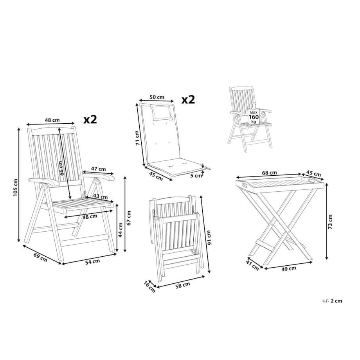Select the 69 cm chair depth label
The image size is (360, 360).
(40, 257)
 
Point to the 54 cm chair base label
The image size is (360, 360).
(92, 261)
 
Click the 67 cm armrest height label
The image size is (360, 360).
(129, 218)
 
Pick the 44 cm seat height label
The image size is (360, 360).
(120, 230)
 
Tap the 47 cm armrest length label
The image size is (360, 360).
(99, 169)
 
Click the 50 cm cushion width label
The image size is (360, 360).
(157, 97)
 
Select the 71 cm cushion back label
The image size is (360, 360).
(137, 138)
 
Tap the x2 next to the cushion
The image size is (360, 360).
(188, 100)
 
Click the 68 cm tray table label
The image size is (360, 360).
(269, 173)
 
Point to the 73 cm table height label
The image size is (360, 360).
(330, 222)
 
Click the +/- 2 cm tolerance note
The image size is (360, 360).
(332, 301)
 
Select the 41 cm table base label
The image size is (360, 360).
(252, 265)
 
